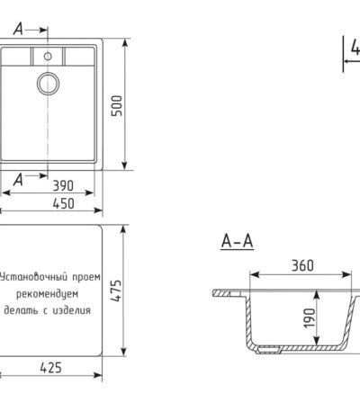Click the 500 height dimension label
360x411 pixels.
point(117,106)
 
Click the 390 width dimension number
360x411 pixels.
point(63,186)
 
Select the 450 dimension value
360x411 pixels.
point(63,204)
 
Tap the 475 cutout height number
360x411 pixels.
point(116,290)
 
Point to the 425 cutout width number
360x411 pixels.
point(50,368)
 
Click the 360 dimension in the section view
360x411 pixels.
point(302,265)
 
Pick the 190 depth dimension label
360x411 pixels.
point(310,318)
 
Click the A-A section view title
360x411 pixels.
point(237,241)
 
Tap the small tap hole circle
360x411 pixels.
point(48,56)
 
